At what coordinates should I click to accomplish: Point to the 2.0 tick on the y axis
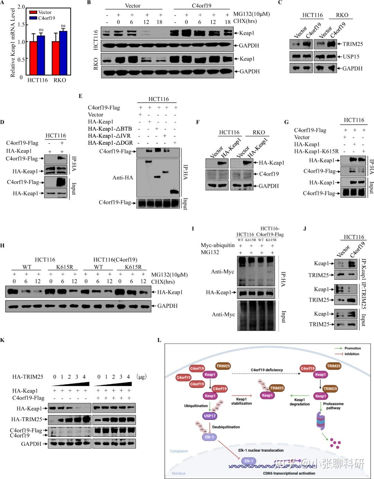[x=21, y=7]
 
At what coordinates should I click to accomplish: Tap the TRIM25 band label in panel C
[x=353, y=44]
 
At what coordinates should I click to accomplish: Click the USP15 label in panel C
[x=351, y=56]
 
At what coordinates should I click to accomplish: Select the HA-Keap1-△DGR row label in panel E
[x=110, y=143]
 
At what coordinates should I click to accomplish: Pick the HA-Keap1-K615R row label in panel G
[x=316, y=151]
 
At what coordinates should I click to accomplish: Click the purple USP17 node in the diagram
[x=210, y=416]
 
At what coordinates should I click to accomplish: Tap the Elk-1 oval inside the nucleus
[x=249, y=461]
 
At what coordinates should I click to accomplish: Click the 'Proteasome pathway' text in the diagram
[x=333, y=406]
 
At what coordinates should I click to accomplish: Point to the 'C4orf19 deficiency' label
[x=267, y=370]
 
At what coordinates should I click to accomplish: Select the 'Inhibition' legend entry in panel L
[x=351, y=354]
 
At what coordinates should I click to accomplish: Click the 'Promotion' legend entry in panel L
[x=353, y=348]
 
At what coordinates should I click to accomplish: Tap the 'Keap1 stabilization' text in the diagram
[x=241, y=401]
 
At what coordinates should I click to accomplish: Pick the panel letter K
[x=2, y=340]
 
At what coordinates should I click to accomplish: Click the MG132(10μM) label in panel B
[x=251, y=14]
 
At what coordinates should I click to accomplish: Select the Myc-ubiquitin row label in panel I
[x=217, y=245]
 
